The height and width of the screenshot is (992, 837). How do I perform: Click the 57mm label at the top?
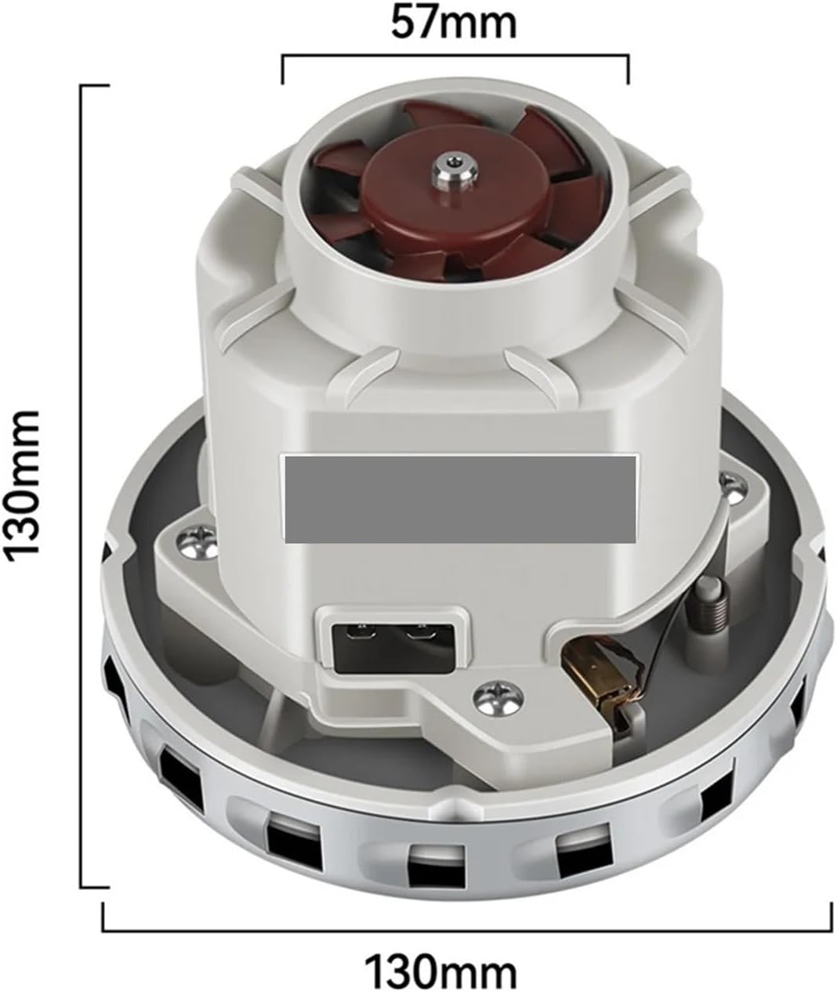(x=454, y=24)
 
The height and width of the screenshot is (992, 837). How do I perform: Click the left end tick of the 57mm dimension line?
(x=282, y=69)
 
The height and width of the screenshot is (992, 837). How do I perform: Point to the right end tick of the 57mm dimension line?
(x=628, y=69)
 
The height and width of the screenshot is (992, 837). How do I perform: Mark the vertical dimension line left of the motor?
(x=83, y=486)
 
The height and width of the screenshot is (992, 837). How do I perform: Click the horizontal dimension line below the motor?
(x=467, y=929)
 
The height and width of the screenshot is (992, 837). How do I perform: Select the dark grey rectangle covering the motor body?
(x=460, y=498)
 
